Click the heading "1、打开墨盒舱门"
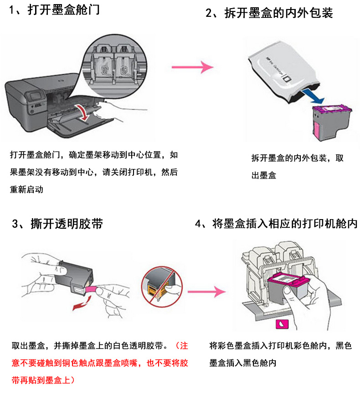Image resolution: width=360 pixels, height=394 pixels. point(54,10)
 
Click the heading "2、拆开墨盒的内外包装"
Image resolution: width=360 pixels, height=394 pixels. point(269,13)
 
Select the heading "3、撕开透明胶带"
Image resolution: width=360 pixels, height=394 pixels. point(57,223)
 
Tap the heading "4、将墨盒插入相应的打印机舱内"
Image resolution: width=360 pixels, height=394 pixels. point(276,223)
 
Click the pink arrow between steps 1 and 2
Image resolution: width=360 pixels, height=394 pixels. point(192,67)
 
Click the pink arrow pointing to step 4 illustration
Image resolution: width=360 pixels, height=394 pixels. point(206,292)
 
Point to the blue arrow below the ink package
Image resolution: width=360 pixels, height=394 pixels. point(313,97)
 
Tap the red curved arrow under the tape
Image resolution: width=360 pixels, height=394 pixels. point(82,303)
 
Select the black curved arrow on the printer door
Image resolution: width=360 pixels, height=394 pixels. point(83,113)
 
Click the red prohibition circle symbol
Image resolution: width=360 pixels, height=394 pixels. point(162,287)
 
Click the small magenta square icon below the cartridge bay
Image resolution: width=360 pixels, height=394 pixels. point(282,324)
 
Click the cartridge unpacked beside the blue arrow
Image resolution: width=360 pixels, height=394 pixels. point(332,122)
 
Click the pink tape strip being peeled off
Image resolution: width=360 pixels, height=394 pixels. point(91,289)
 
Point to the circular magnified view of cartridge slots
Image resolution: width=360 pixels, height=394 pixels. point(115,67)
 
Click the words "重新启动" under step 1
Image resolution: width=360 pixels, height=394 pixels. point(26,189)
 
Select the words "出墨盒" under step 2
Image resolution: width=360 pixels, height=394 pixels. point(264,175)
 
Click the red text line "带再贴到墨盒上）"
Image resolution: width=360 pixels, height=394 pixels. point(43,380)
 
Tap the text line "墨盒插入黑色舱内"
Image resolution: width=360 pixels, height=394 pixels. point(243,363)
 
